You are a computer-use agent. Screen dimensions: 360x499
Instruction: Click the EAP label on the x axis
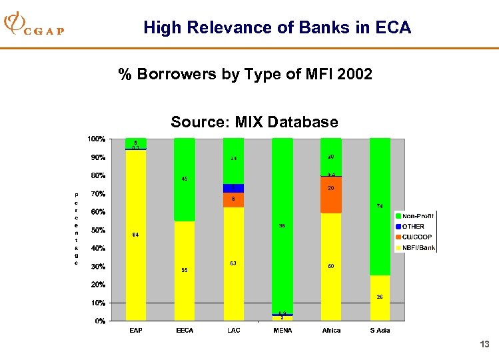coord(135,331)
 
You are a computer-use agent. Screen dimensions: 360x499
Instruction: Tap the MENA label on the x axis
coord(282,331)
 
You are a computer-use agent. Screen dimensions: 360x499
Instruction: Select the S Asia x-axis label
coord(380,331)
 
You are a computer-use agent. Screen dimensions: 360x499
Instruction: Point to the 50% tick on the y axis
coord(97,231)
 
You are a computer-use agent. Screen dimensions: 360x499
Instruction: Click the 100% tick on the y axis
coord(95,139)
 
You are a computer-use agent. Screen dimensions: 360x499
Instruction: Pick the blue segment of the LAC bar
coord(233,189)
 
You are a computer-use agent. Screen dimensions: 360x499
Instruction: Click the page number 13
coord(484,345)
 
